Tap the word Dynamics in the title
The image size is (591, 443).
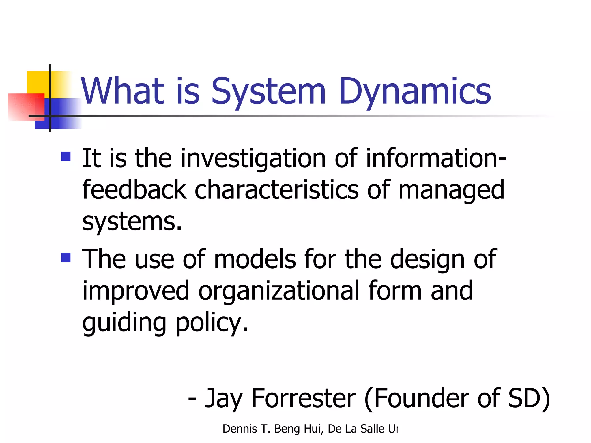[415, 92]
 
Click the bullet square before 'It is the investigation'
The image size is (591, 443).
[66, 156]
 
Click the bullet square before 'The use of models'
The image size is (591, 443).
[66, 257]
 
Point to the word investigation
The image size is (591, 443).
[253, 159]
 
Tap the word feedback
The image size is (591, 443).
[134, 189]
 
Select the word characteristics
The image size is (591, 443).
[277, 189]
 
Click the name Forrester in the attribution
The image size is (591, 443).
[304, 398]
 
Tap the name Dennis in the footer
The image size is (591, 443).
[240, 429]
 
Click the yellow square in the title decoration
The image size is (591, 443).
[38, 82]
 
